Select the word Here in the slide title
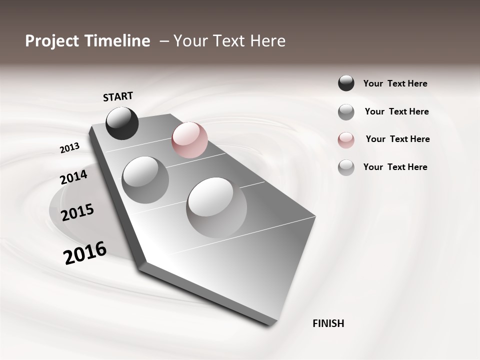266,41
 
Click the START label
118,96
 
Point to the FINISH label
328,323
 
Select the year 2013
69,148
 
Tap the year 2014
73,177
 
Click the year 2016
85,253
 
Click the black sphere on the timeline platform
122,123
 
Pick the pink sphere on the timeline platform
189,140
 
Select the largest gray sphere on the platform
216,207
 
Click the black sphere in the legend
346,83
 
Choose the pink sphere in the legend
346,140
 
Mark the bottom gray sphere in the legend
346,167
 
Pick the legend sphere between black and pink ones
346,112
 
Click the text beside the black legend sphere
395,83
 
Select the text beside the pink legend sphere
397,139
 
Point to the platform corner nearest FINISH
272,323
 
